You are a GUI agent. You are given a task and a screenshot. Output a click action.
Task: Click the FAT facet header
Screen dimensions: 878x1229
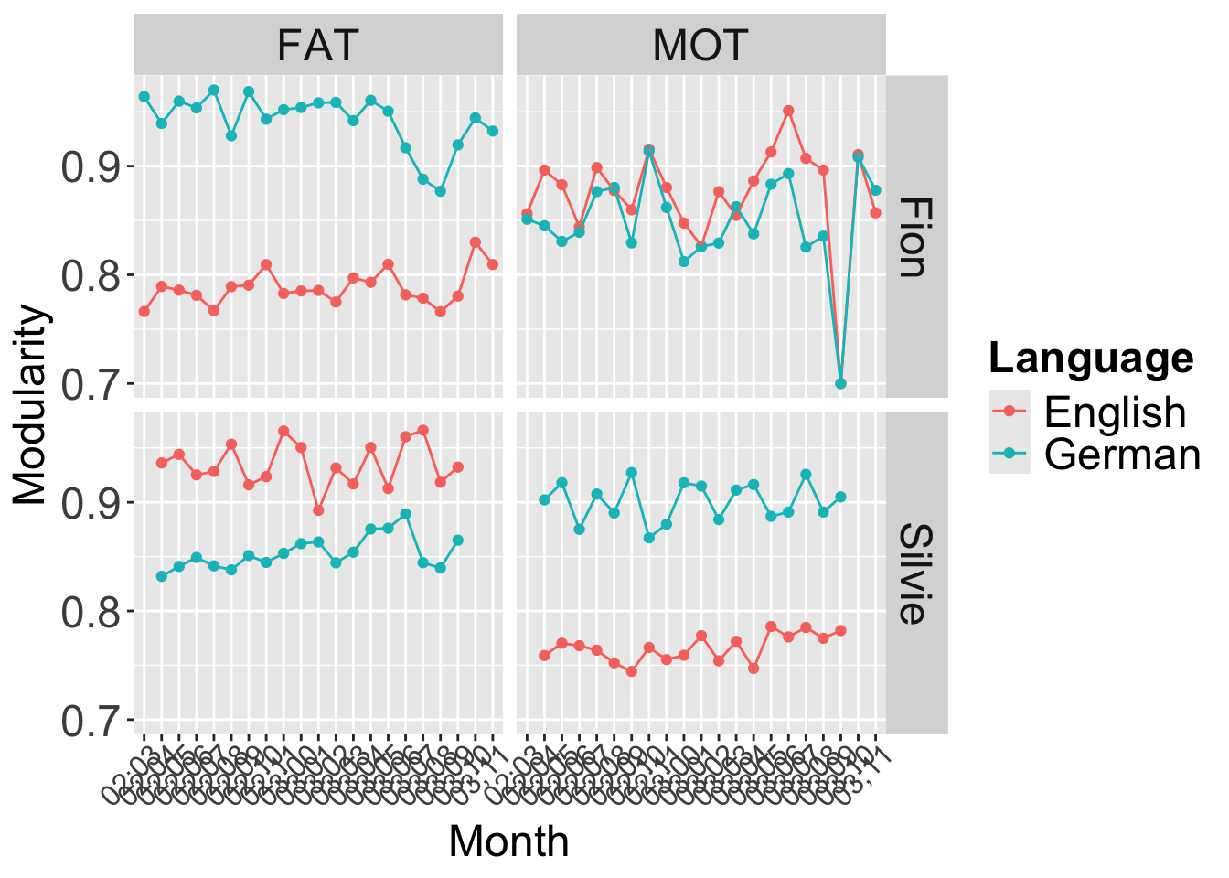[317, 45]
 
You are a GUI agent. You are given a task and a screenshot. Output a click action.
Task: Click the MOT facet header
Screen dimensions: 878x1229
[700, 45]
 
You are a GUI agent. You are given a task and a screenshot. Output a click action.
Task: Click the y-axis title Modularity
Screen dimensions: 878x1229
[31, 404]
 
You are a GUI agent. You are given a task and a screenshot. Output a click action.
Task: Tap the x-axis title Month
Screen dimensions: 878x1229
[508, 841]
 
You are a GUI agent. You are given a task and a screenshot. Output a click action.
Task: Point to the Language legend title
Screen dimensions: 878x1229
[1091, 358]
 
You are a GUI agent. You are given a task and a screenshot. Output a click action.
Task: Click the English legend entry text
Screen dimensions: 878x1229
[1115, 412]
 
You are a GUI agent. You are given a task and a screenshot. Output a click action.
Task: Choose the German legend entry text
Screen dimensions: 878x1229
[1122, 454]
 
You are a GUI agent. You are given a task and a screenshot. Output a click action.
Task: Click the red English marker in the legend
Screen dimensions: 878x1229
[1010, 412]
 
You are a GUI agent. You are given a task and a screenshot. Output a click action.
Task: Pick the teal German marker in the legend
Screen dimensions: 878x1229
[1010, 454]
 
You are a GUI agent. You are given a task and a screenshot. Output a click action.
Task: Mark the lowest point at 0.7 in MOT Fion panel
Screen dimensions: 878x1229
[840, 383]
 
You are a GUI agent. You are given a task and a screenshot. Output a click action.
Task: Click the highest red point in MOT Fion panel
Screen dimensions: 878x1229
[788, 111]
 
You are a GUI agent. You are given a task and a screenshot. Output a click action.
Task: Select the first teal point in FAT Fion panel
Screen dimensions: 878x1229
[144, 96]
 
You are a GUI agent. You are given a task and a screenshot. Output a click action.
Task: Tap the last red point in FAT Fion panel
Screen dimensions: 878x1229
[493, 264]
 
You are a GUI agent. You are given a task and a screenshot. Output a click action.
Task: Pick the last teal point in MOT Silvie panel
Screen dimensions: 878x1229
[840, 497]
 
